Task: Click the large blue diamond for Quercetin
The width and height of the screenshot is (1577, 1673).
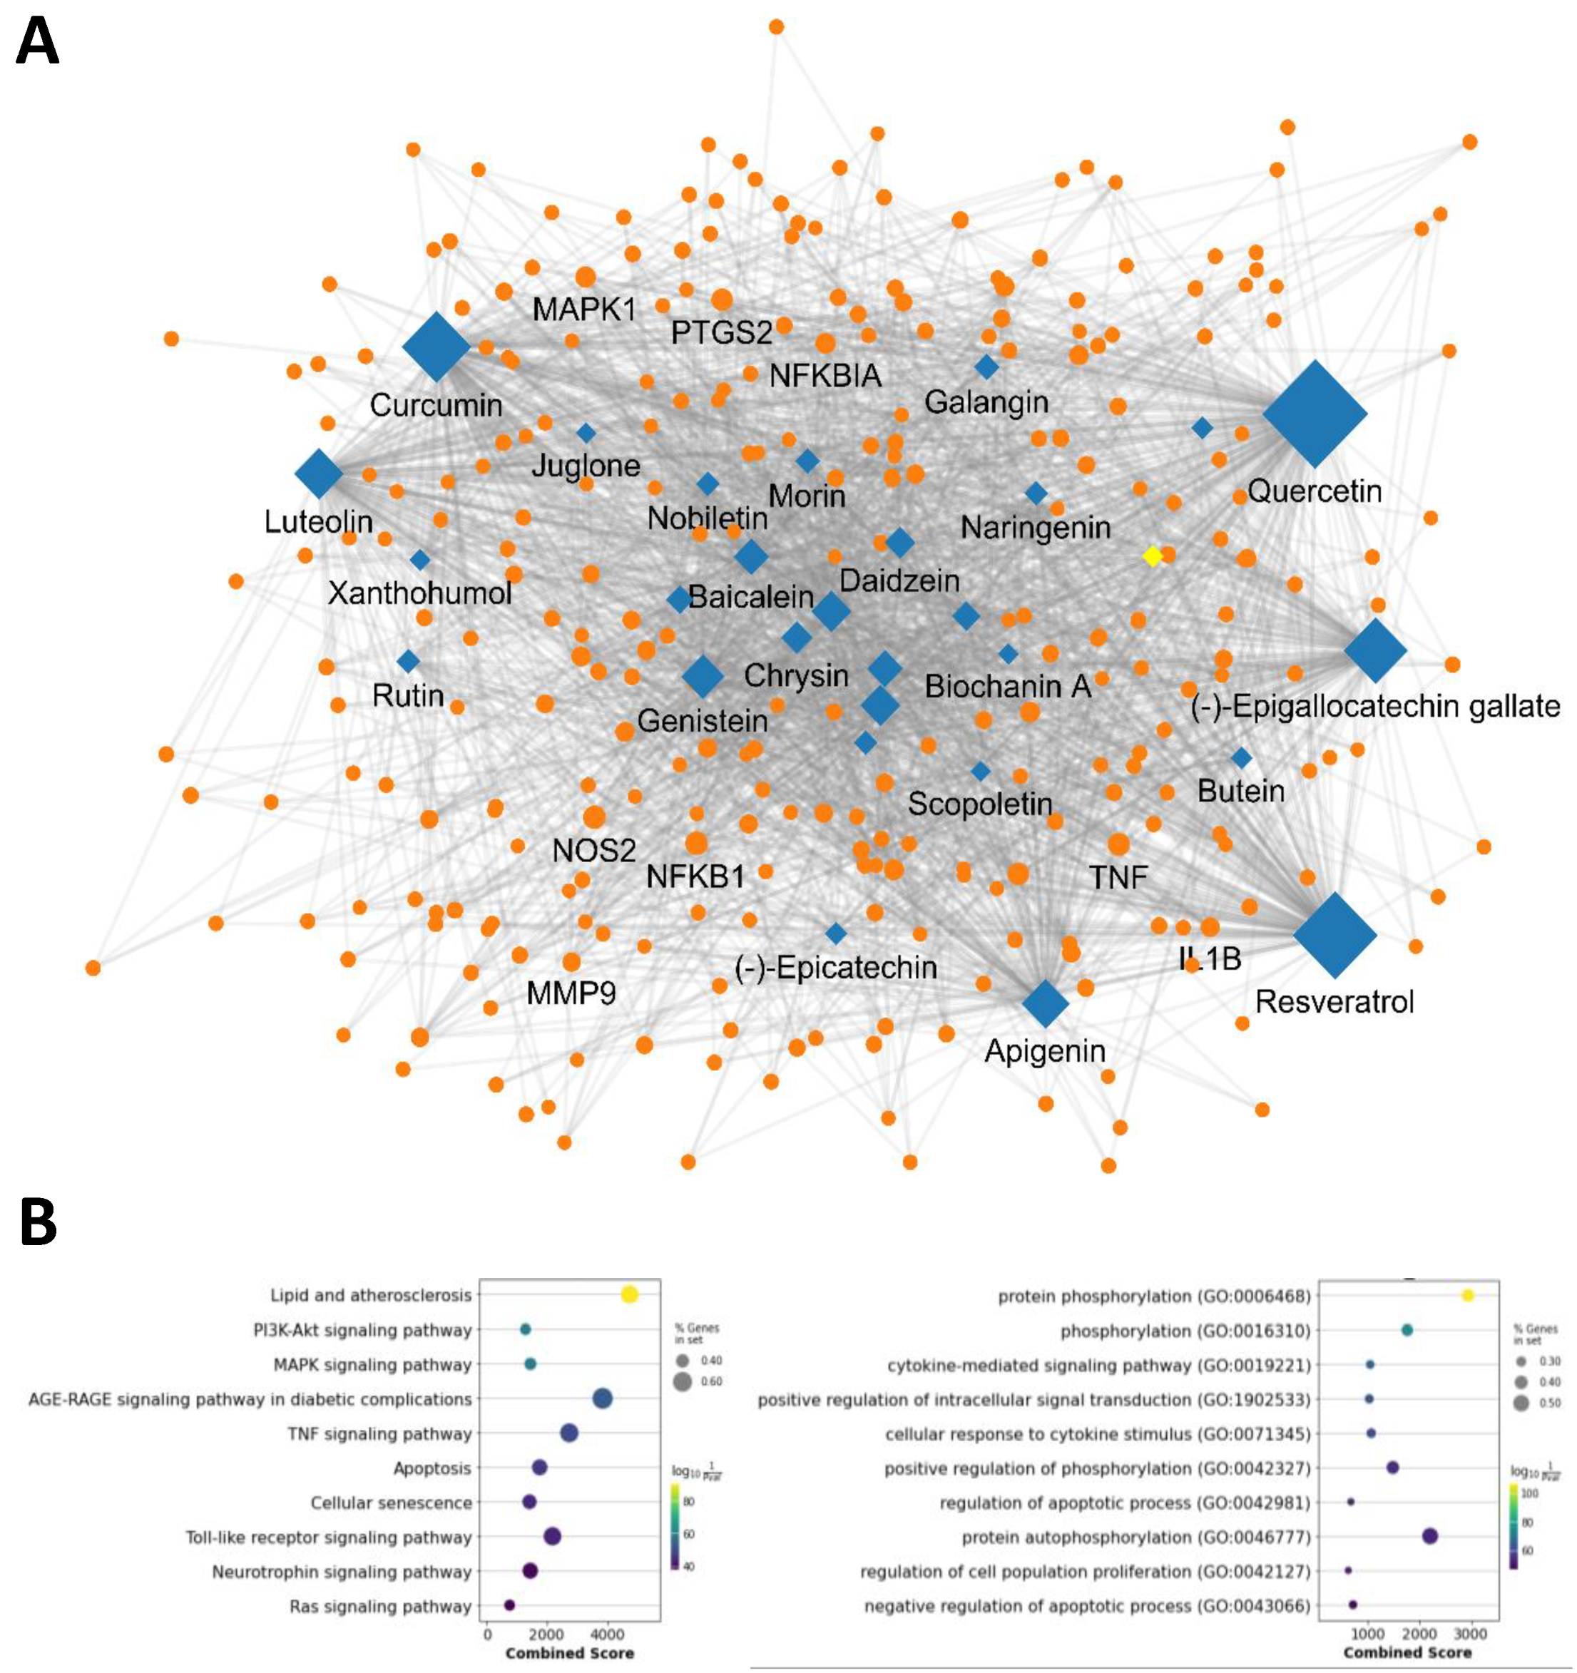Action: (1315, 414)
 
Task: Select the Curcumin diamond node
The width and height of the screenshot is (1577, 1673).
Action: (436, 347)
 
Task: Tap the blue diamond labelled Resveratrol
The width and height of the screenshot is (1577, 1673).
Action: (1334, 934)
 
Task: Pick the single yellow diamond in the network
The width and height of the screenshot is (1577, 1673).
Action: (1152, 556)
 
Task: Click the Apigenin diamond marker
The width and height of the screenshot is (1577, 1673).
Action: (1045, 1003)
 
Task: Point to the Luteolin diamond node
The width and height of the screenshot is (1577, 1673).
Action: (319, 474)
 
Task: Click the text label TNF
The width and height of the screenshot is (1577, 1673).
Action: (1118, 879)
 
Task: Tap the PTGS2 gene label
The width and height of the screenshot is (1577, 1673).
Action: (721, 333)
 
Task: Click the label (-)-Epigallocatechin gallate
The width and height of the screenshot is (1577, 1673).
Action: (1375, 706)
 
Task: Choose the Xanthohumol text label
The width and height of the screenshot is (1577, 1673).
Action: (420, 593)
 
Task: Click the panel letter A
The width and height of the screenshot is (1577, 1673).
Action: (38, 42)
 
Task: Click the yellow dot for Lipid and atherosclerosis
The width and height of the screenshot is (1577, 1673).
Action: (628, 1295)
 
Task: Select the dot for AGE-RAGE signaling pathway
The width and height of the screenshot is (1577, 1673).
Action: (603, 1399)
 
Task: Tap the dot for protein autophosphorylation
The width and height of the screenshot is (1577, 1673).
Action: (1429, 1537)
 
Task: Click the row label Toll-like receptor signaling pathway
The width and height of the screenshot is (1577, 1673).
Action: (328, 1538)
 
